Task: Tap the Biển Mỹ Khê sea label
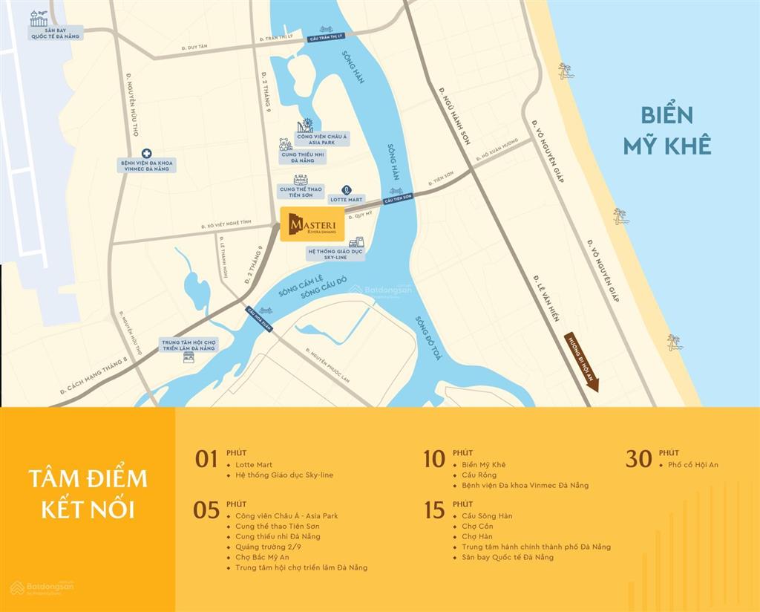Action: point(667,130)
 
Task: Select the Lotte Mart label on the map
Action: point(347,199)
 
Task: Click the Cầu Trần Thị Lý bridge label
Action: point(324,39)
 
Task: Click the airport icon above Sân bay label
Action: point(39,18)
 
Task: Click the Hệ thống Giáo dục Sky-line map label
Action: point(335,254)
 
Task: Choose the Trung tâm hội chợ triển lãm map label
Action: point(189,345)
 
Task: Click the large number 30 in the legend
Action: point(638,459)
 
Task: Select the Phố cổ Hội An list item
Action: point(693,465)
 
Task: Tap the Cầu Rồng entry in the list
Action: point(479,475)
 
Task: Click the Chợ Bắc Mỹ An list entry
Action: point(262,557)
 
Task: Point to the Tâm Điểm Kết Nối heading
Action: point(88,493)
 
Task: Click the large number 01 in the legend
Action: point(206,459)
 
